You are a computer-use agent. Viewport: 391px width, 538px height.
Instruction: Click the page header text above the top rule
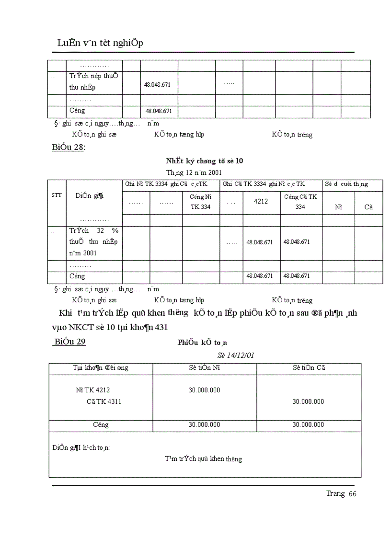(101, 43)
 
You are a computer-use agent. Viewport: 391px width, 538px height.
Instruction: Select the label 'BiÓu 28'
(68, 148)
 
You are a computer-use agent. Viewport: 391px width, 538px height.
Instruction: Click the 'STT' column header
(56, 195)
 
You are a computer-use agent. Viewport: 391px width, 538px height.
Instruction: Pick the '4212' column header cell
(261, 202)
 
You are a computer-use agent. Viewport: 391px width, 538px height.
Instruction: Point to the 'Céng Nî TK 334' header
(201, 202)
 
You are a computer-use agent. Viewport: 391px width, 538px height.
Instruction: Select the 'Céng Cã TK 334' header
(300, 202)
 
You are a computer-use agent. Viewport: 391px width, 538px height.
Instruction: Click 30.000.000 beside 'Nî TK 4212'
(204, 390)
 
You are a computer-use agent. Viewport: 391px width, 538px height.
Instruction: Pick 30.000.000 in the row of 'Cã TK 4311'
(308, 402)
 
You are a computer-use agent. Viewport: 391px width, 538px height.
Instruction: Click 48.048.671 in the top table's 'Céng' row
(159, 111)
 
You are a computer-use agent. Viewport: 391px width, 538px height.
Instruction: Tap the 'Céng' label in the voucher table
(101, 425)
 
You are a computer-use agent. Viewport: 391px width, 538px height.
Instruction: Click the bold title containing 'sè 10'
(204, 161)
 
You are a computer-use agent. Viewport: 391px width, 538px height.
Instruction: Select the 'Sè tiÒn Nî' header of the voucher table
(204, 368)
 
